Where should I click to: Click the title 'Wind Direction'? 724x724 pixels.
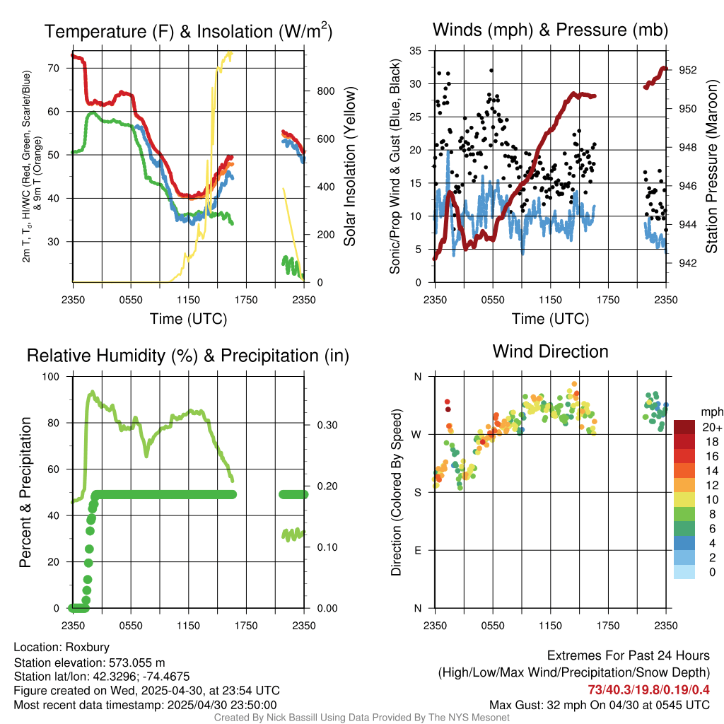click(x=550, y=351)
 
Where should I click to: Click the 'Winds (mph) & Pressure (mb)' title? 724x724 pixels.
click(x=550, y=30)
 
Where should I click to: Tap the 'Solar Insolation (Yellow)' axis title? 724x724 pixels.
click(x=349, y=166)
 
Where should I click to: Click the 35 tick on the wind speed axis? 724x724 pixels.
click(x=416, y=51)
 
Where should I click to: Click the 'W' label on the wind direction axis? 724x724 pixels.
click(x=417, y=434)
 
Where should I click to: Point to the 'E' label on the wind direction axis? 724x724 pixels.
click(x=418, y=550)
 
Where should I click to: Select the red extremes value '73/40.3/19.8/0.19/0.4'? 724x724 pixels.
click(x=648, y=689)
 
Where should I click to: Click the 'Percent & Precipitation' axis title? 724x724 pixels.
click(x=25, y=492)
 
